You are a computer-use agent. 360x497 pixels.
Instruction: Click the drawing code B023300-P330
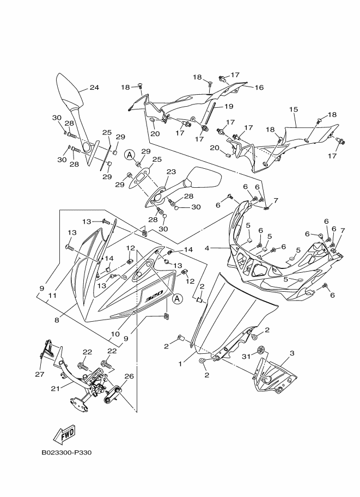[x=66, y=452]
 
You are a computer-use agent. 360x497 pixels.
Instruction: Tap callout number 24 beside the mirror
[x=94, y=88]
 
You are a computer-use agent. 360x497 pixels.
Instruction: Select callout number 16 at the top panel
[x=259, y=88]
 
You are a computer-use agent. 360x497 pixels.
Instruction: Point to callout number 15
[x=294, y=109]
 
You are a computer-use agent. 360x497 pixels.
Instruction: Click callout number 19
[x=229, y=106]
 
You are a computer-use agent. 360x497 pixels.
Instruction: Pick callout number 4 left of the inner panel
[x=207, y=248]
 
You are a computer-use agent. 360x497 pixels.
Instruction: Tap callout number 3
[x=292, y=353]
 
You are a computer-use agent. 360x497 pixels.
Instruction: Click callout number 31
[x=246, y=357]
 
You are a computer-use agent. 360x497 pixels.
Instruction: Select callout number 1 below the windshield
[x=180, y=364]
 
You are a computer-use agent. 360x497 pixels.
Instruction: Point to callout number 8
[x=57, y=320]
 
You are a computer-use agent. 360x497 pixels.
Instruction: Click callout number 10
[x=115, y=334]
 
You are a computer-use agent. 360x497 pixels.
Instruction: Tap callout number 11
[x=52, y=296]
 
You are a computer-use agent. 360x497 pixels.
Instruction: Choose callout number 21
[x=56, y=388]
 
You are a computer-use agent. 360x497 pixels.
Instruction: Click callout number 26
[x=129, y=376]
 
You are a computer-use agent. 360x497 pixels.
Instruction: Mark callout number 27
[x=40, y=375]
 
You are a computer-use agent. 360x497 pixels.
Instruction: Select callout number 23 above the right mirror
[x=171, y=172]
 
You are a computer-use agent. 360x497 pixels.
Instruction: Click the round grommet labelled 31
[x=261, y=349]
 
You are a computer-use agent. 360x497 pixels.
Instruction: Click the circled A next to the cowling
[x=178, y=298]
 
